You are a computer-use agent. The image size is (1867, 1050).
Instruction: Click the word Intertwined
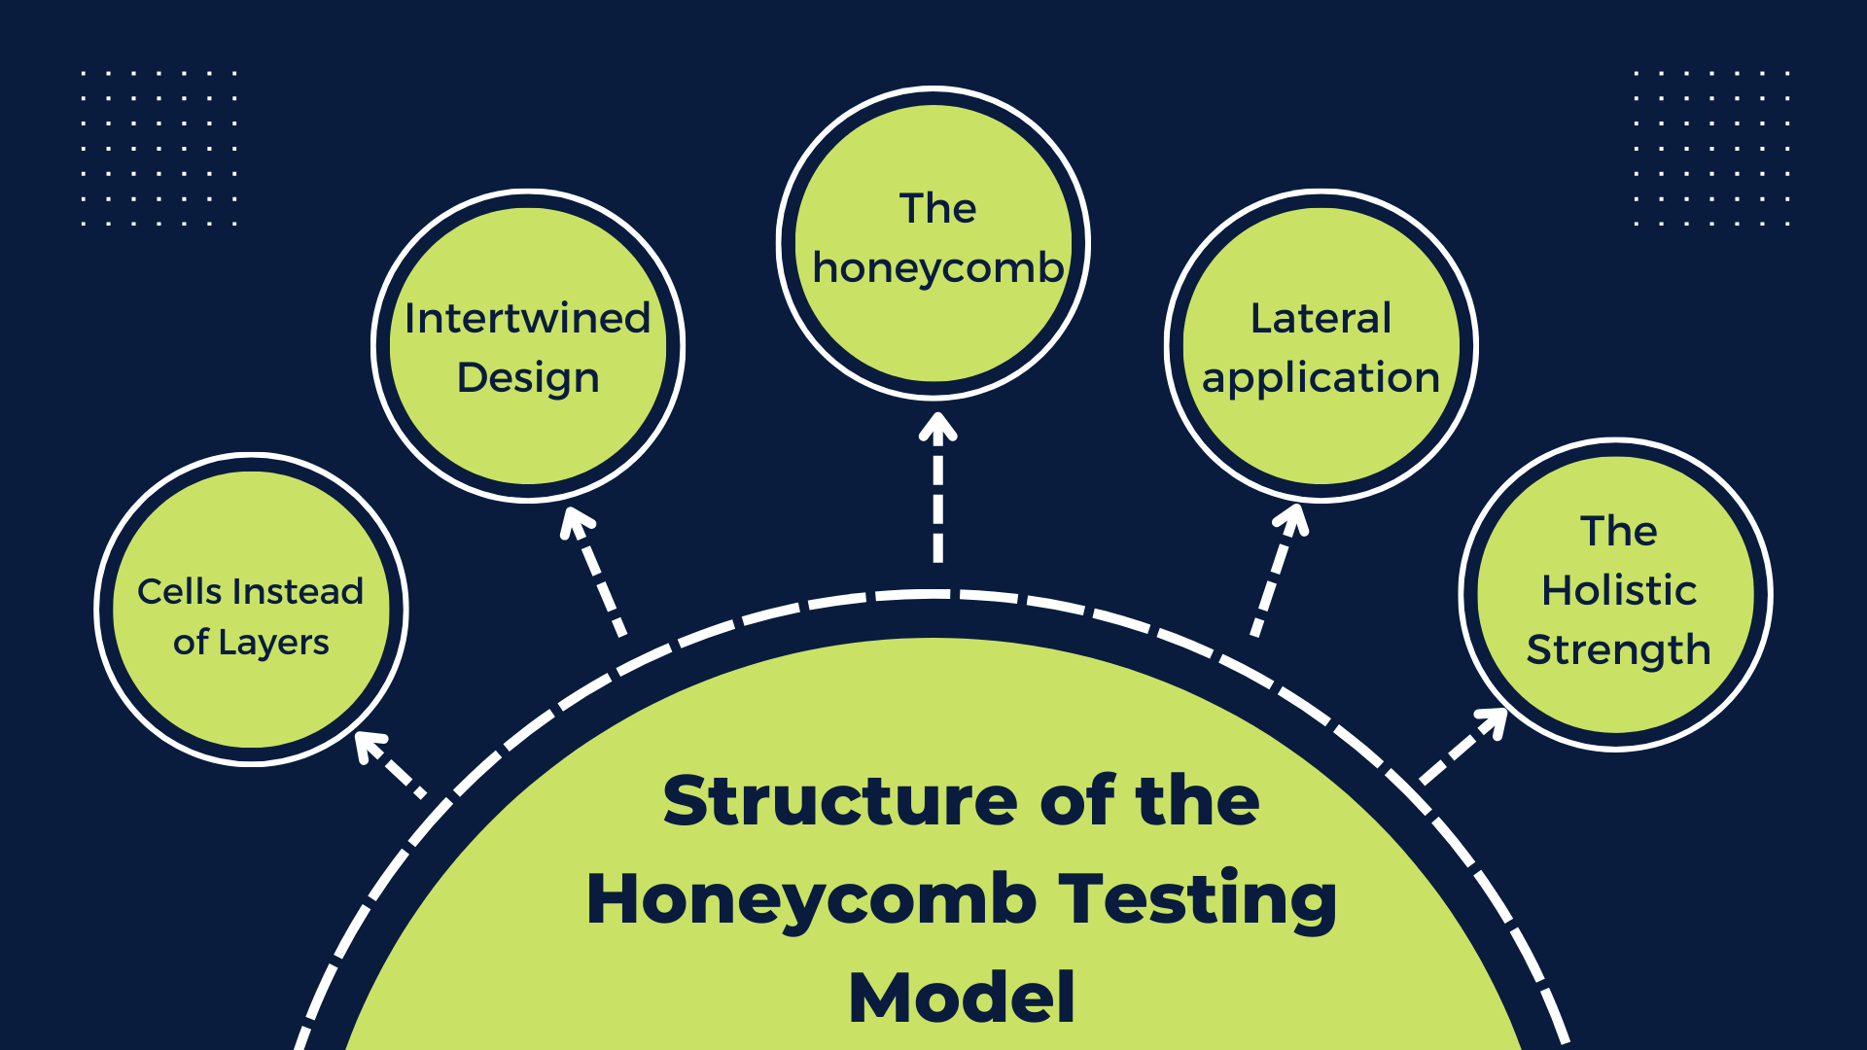coord(527,318)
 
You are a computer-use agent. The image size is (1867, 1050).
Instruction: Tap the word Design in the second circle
coord(528,378)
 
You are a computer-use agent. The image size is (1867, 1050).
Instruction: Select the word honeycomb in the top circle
coord(938,267)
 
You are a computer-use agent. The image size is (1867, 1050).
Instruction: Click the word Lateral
coord(1321,318)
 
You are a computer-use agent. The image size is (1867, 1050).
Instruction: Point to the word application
coord(1321,378)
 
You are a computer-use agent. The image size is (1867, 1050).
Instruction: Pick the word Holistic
coord(1619,590)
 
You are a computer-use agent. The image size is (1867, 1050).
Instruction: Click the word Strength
coord(1618,650)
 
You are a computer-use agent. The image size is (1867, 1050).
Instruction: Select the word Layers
coord(273,644)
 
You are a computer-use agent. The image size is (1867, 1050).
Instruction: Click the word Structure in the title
coord(842,800)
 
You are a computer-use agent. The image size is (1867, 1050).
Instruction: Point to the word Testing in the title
coord(1198,900)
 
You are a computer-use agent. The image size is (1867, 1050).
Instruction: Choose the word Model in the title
coord(962,997)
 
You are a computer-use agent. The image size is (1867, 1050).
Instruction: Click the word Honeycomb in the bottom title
coord(812,898)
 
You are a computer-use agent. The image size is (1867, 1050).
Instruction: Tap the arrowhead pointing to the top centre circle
coord(938,428)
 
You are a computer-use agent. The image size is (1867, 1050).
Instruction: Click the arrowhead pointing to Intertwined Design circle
coord(577,523)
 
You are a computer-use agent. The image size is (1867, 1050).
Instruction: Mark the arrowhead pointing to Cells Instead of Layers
coord(370,746)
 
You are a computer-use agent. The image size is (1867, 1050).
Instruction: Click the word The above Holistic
coord(1619,531)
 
